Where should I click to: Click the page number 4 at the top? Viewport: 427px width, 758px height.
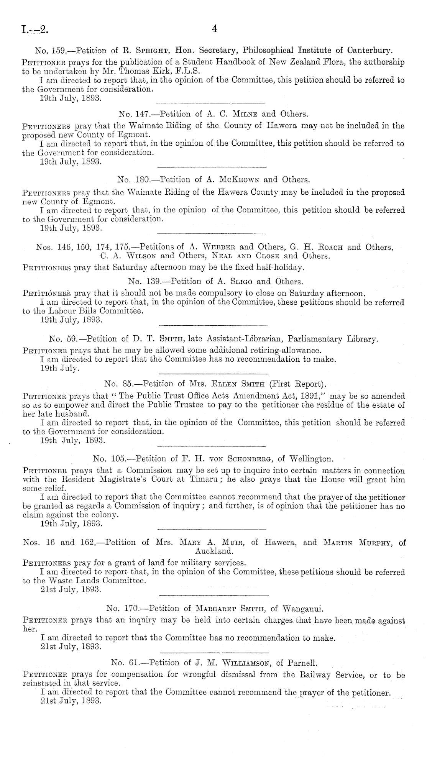click(x=214, y=29)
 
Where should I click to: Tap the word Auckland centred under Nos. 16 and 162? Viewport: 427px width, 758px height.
click(x=214, y=552)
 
